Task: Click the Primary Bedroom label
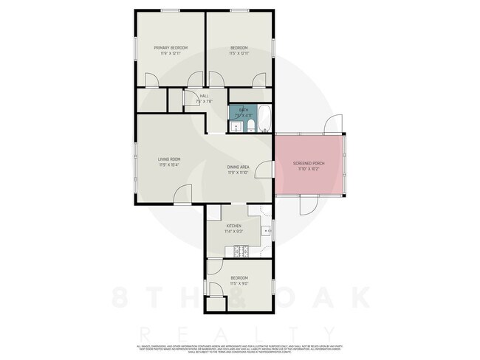pos(171,48)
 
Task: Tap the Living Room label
pos(169,159)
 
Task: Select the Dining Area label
pos(238,167)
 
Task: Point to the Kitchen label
pos(233,226)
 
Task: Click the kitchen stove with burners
pos(240,250)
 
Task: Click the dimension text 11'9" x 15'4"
pos(169,165)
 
